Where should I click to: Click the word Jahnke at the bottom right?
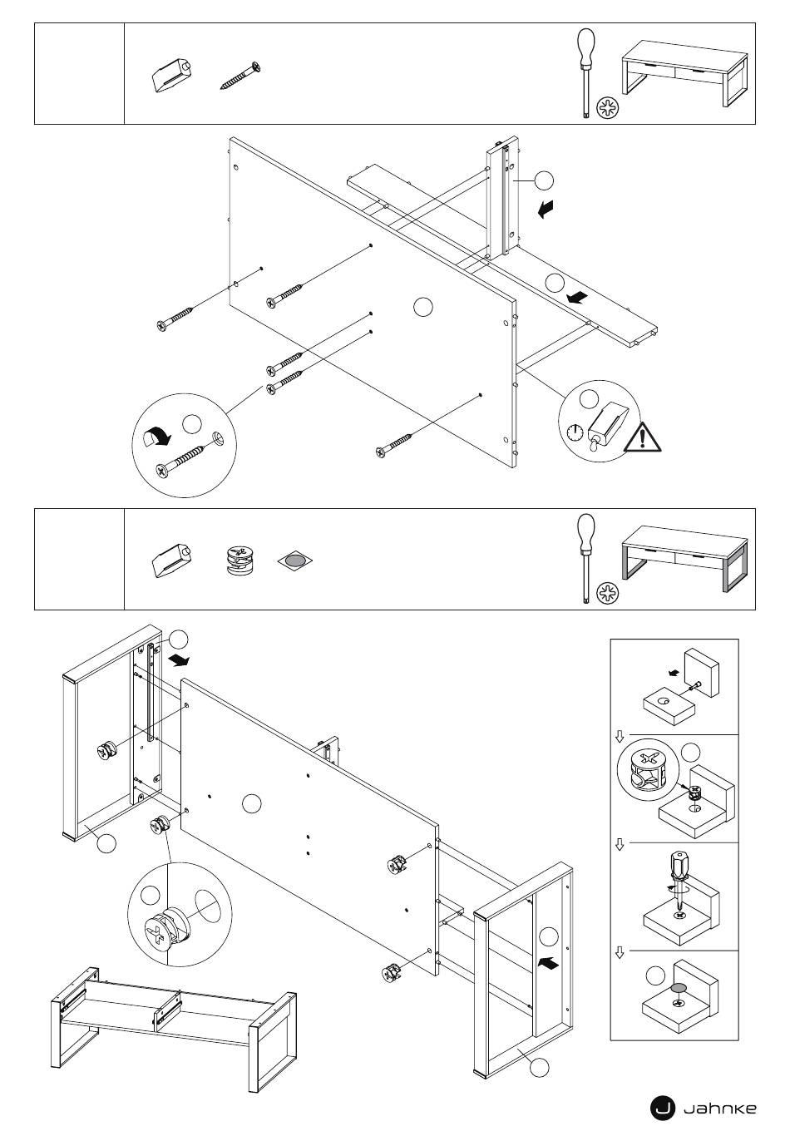(720, 1108)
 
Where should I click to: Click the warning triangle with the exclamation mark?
(645, 437)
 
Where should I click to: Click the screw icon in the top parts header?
(241, 75)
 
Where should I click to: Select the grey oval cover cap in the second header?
(294, 561)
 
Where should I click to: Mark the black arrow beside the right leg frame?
(549, 962)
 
